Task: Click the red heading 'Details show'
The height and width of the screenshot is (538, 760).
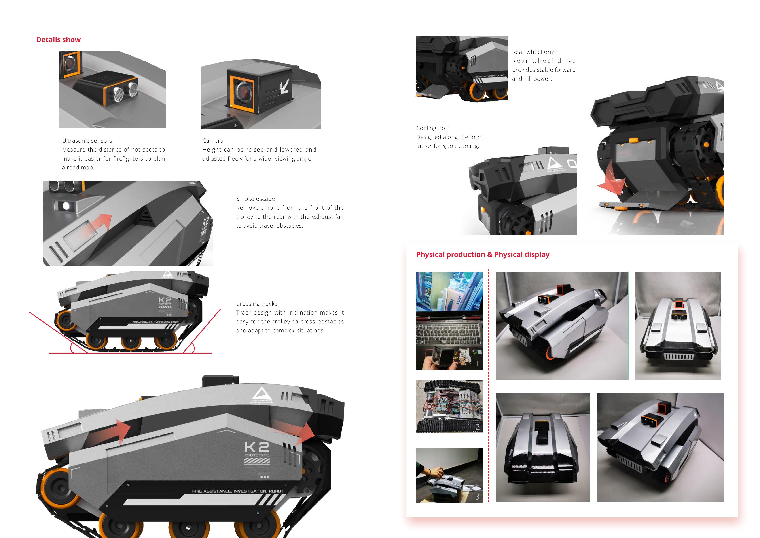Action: [x=58, y=40]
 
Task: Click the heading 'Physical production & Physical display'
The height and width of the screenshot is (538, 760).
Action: [x=483, y=254]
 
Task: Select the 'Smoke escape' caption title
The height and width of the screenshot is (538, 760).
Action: [x=255, y=199]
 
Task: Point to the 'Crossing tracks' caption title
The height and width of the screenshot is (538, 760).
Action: [x=257, y=304]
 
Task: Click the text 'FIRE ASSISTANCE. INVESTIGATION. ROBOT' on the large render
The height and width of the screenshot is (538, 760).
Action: [x=238, y=491]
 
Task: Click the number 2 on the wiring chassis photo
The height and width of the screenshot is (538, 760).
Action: [x=477, y=427]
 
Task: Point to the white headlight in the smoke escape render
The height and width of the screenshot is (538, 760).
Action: [x=66, y=206]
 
